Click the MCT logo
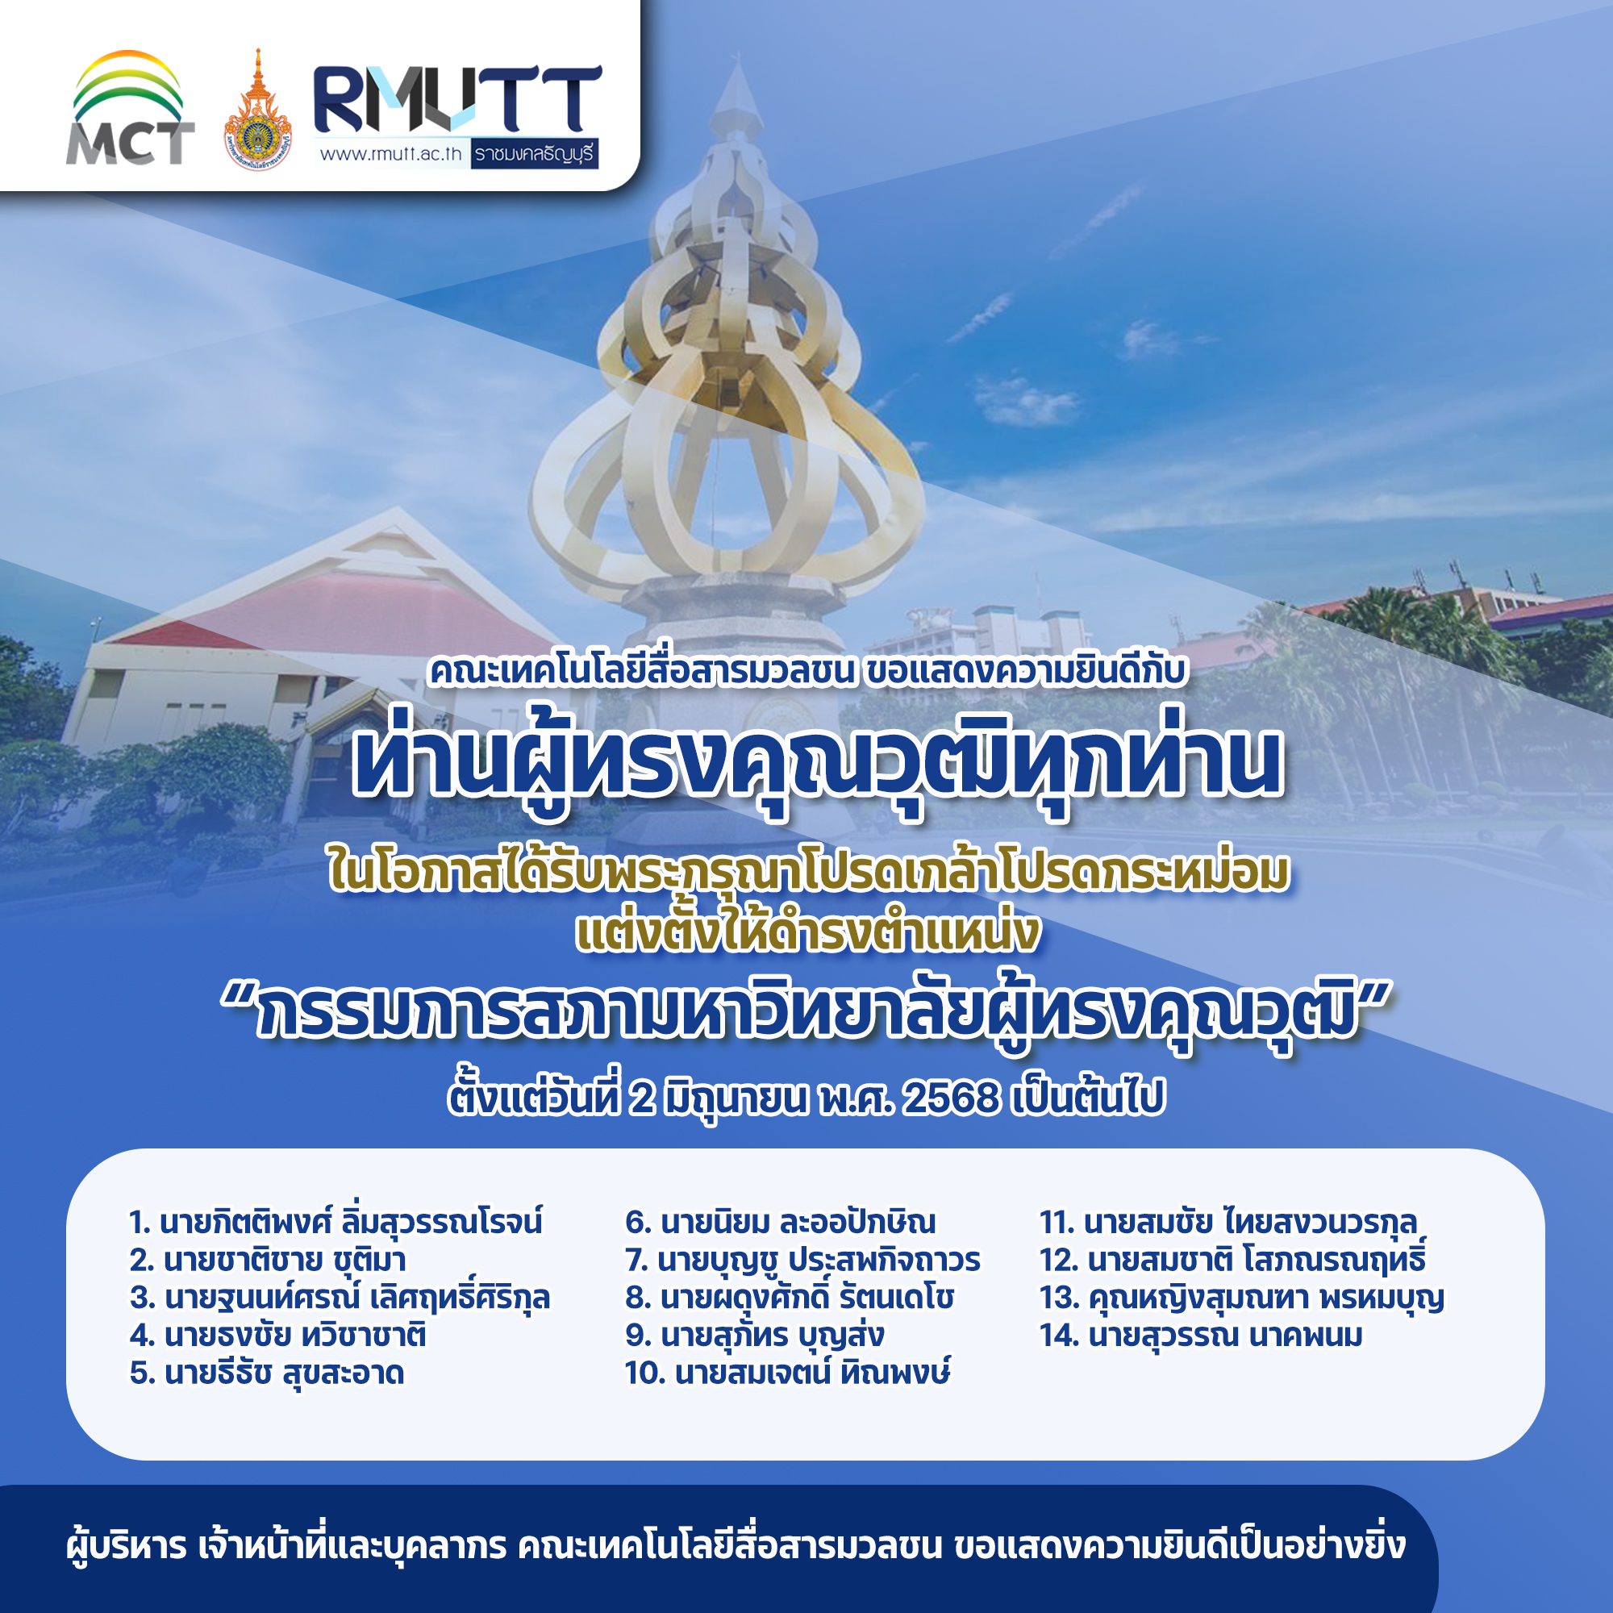coord(129,108)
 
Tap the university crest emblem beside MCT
coord(257,110)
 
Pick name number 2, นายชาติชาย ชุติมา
coord(268,1260)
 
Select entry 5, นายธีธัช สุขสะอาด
coord(267,1373)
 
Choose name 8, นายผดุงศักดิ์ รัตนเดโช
coord(789,1298)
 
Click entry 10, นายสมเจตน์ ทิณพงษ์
coord(787,1373)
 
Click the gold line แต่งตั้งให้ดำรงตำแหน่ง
coord(807,932)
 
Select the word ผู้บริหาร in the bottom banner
coord(126,1546)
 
